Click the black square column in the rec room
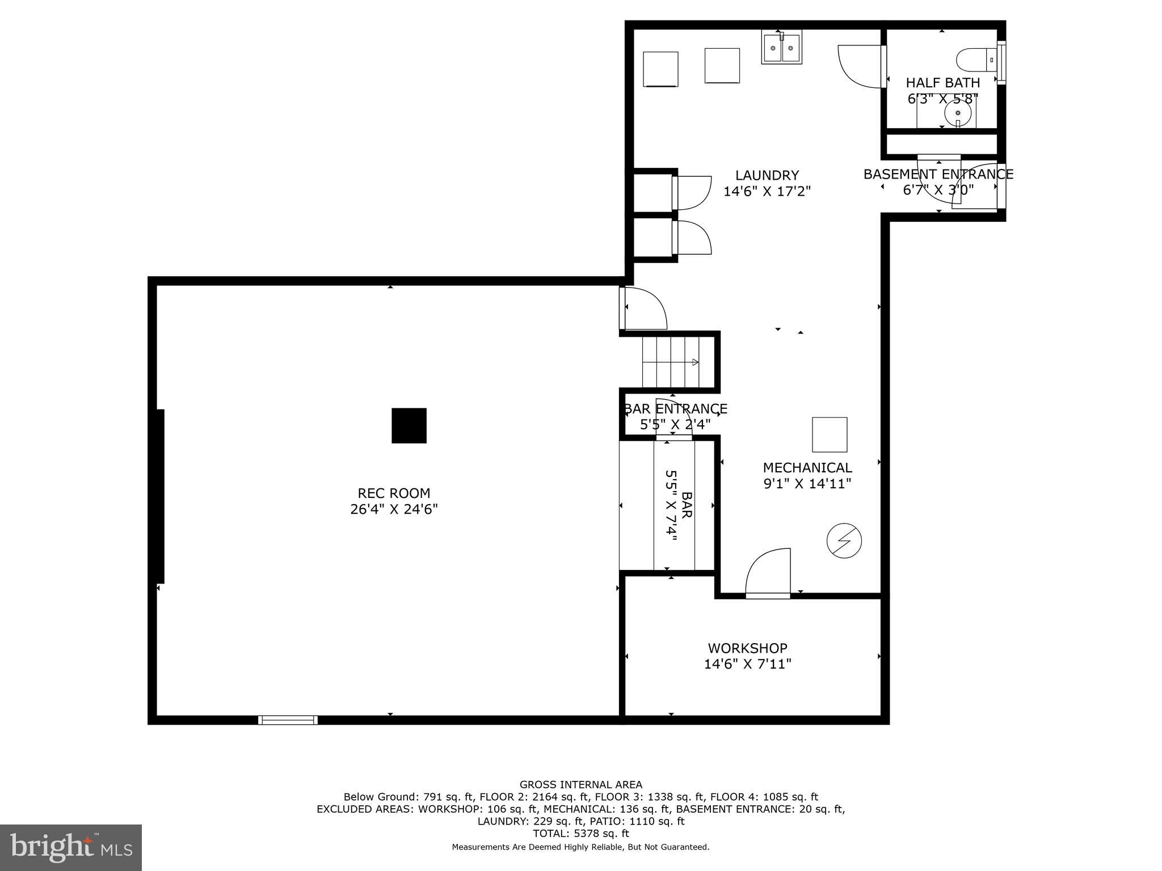click(x=409, y=425)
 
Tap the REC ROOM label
click(x=394, y=493)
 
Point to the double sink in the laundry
click(x=781, y=48)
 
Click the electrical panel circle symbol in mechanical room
click(x=844, y=540)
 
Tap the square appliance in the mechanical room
click(x=830, y=434)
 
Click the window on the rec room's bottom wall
click(x=288, y=720)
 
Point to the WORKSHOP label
click(x=747, y=648)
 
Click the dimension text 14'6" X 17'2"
click(x=767, y=192)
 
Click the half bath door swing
click(x=861, y=66)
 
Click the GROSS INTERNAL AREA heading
click(x=580, y=785)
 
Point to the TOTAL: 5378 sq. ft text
click(x=580, y=834)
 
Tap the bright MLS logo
click(x=71, y=848)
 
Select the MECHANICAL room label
click(x=807, y=468)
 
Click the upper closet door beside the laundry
click(x=692, y=192)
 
